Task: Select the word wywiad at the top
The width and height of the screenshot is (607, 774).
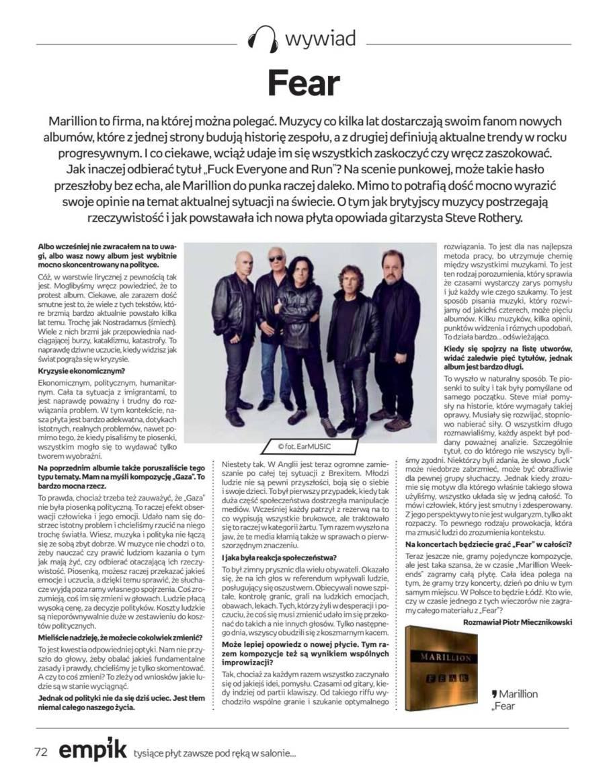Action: (320, 39)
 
